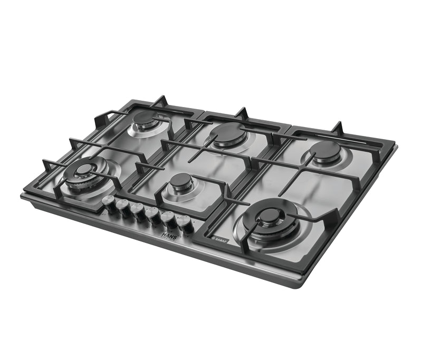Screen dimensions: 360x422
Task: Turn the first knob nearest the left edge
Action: click(110, 203)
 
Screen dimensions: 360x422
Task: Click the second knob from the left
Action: click(124, 207)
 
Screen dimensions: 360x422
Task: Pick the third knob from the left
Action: click(139, 211)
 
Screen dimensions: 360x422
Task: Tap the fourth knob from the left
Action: click(154, 215)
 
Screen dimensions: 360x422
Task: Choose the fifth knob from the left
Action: click(169, 219)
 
